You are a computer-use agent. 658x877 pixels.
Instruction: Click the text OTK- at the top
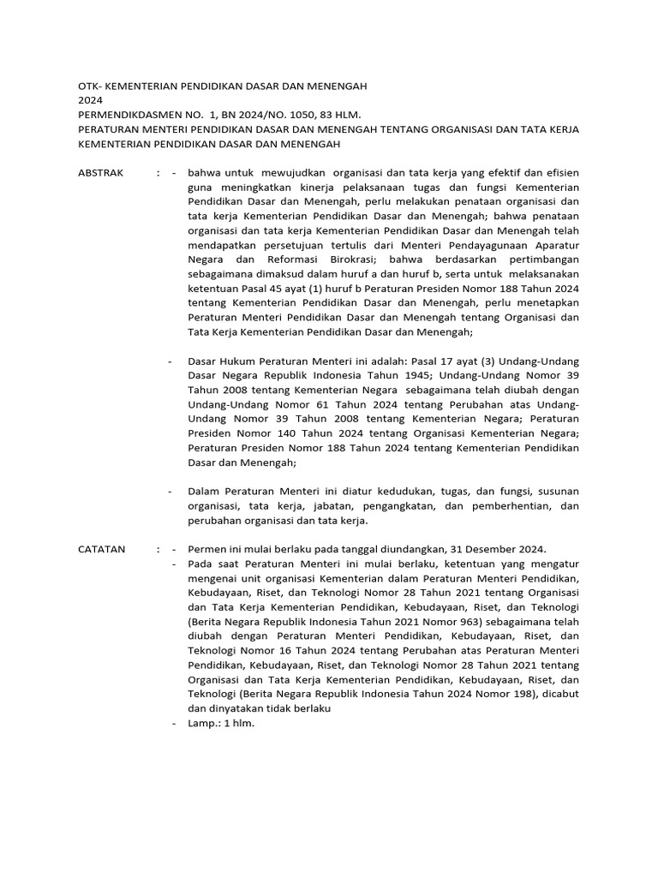click(91, 87)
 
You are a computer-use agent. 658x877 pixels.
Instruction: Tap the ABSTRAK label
click(101, 172)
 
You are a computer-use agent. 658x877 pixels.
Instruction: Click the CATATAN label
click(102, 549)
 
